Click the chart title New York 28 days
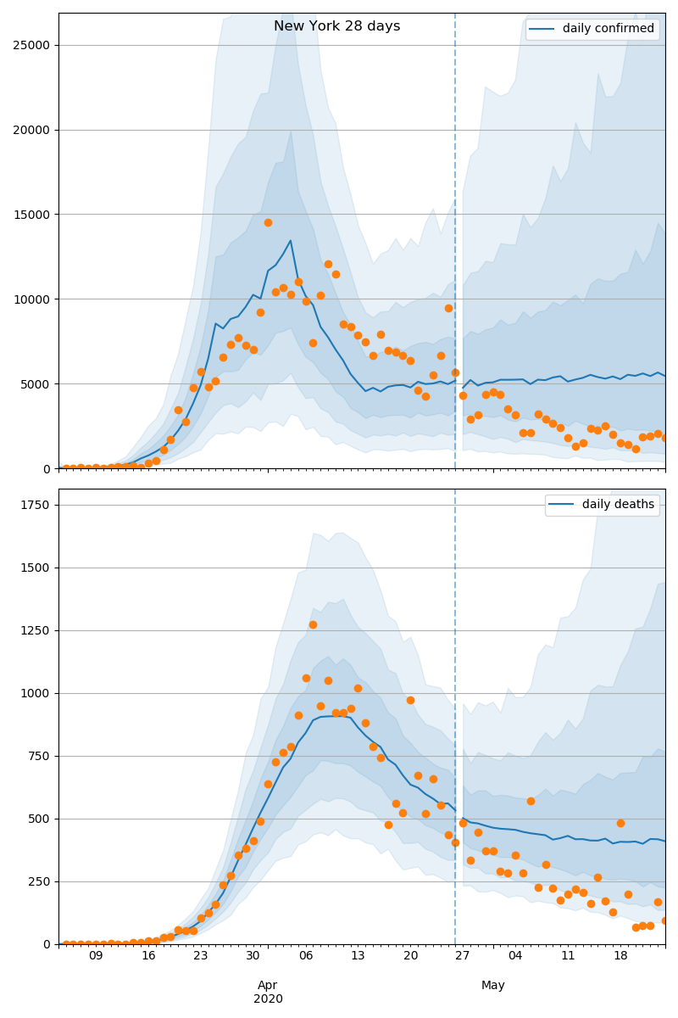point(336,26)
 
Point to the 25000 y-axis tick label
point(32,45)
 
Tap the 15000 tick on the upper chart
point(32,215)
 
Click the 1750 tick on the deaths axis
point(36,505)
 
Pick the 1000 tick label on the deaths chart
point(36,693)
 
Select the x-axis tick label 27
point(463,956)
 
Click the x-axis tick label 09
point(96,956)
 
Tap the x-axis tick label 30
point(253,956)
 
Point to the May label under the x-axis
point(493,985)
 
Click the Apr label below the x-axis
point(268,985)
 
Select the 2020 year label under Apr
point(268,998)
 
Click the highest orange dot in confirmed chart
point(268,222)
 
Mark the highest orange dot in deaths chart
point(313,624)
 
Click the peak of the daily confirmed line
point(291,240)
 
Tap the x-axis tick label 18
point(620,956)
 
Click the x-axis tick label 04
point(515,956)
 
